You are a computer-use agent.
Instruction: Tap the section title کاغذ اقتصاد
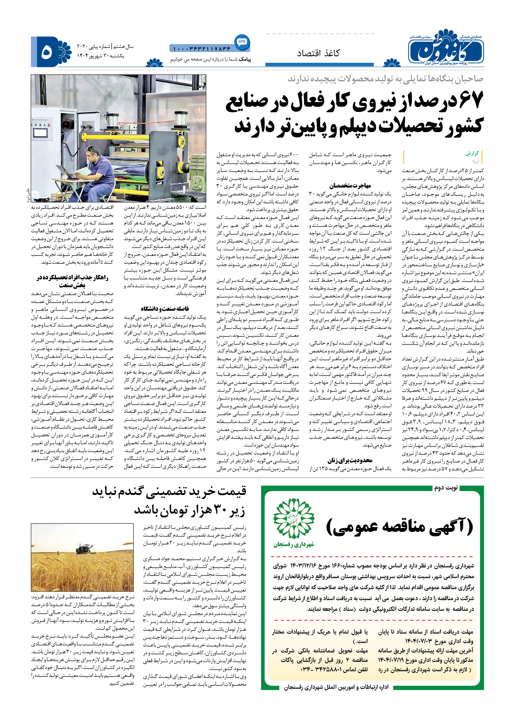point(318,53)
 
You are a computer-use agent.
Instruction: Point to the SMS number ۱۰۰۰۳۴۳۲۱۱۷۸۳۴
point(202,49)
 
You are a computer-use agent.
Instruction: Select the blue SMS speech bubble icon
point(242,42)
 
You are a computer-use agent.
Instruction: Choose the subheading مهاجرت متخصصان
point(350,185)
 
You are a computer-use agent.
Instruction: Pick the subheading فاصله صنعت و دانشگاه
point(165,309)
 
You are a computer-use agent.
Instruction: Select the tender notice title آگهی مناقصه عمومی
point(400,527)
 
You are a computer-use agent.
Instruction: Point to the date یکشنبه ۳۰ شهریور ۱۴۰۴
point(101,56)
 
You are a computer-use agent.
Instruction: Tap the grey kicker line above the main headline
point(385,79)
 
